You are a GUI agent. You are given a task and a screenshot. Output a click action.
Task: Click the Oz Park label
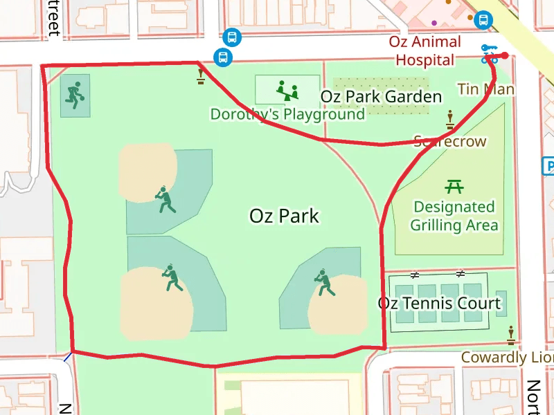pos(284,216)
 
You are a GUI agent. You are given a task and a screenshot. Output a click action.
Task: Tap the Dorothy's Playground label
pos(287,114)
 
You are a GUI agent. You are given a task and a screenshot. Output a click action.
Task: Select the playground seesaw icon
pos(287,89)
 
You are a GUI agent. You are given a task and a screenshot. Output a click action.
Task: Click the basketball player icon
pos(75,94)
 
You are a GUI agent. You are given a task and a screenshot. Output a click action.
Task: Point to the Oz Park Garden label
pos(381,97)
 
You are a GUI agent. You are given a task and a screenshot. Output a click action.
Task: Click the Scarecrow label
pos(450,142)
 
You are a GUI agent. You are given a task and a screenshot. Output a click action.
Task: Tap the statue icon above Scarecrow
pos(450,120)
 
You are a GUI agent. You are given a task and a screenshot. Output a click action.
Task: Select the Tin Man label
pos(486,89)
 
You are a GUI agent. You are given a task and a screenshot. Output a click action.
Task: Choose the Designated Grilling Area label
pos(454,216)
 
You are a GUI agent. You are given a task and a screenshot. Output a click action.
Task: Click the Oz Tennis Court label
pos(439,303)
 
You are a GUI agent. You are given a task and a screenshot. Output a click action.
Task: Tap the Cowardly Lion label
pos(507,358)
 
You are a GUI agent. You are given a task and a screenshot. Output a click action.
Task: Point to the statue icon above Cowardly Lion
pos(512,335)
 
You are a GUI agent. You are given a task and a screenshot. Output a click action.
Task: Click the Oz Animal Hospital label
pos(425,51)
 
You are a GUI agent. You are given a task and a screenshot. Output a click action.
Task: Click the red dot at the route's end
pos(506,55)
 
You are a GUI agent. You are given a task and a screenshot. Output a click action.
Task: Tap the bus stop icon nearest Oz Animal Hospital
pos(483,20)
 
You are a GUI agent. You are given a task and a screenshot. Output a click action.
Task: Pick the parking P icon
pos(548,166)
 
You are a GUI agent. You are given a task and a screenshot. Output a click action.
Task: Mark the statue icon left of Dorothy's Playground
pos(201,75)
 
